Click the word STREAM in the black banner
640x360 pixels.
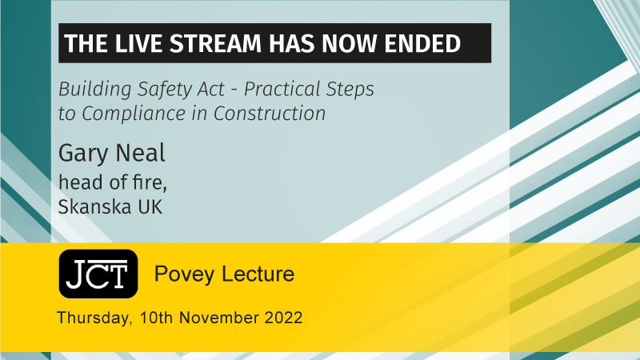tap(215, 43)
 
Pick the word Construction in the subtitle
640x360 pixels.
tap(270, 113)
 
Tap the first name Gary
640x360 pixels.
tap(83, 154)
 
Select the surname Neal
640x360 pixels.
tap(141, 153)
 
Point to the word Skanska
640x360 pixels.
tap(94, 206)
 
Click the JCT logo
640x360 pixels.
tap(98, 274)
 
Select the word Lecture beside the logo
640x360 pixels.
tap(258, 274)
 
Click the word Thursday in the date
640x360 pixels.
tap(94, 318)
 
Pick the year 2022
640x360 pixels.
tap(284, 318)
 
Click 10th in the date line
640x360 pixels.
tap(156, 318)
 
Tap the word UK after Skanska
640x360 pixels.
tap(150, 206)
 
